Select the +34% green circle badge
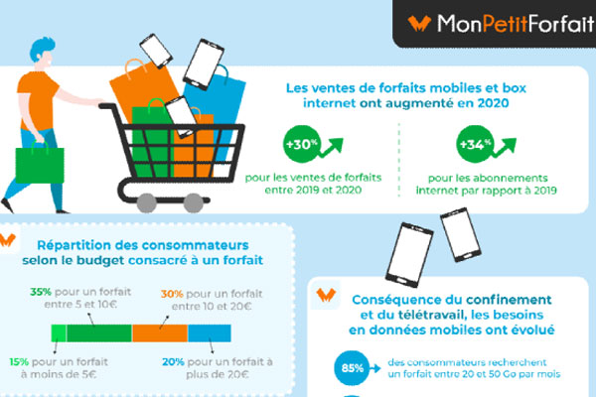[471, 144]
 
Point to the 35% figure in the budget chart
[41, 294]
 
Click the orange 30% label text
[172, 294]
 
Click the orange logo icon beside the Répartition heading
[12, 243]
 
